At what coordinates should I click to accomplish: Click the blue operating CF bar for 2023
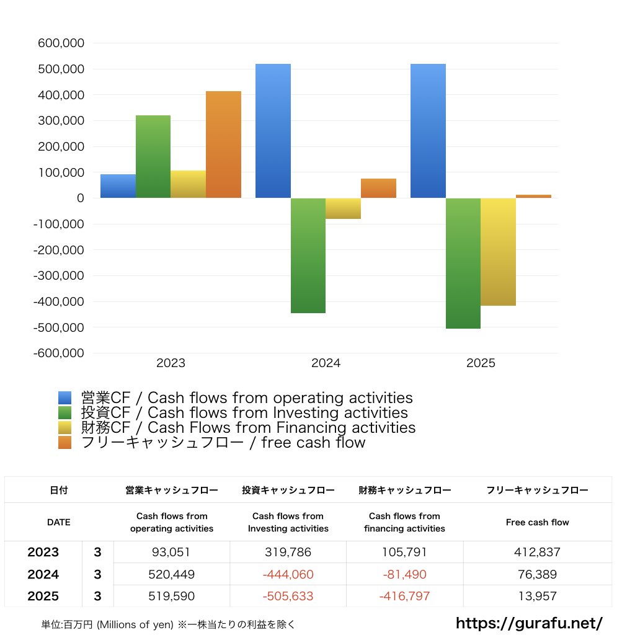118,186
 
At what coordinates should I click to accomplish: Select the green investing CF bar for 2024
308,255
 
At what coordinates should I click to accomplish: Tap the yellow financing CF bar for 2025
498,252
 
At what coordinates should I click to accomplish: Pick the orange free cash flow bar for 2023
223,144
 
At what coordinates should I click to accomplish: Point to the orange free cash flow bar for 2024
378,189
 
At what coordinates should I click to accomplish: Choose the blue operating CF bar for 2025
428,131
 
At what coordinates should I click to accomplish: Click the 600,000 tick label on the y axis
61,43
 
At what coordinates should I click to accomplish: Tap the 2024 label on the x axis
326,363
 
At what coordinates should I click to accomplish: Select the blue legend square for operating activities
65,398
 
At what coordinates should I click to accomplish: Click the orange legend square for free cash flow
65,443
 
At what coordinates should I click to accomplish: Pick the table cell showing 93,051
171,553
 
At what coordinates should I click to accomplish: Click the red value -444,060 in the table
288,575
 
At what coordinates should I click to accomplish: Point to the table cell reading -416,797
404,597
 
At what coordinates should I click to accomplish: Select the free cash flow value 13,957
537,597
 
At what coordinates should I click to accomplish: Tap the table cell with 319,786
288,553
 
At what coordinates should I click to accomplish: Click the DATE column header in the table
59,522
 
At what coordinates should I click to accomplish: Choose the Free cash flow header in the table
537,522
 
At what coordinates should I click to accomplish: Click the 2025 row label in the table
43,597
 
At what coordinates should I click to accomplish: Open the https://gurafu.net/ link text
529,623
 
